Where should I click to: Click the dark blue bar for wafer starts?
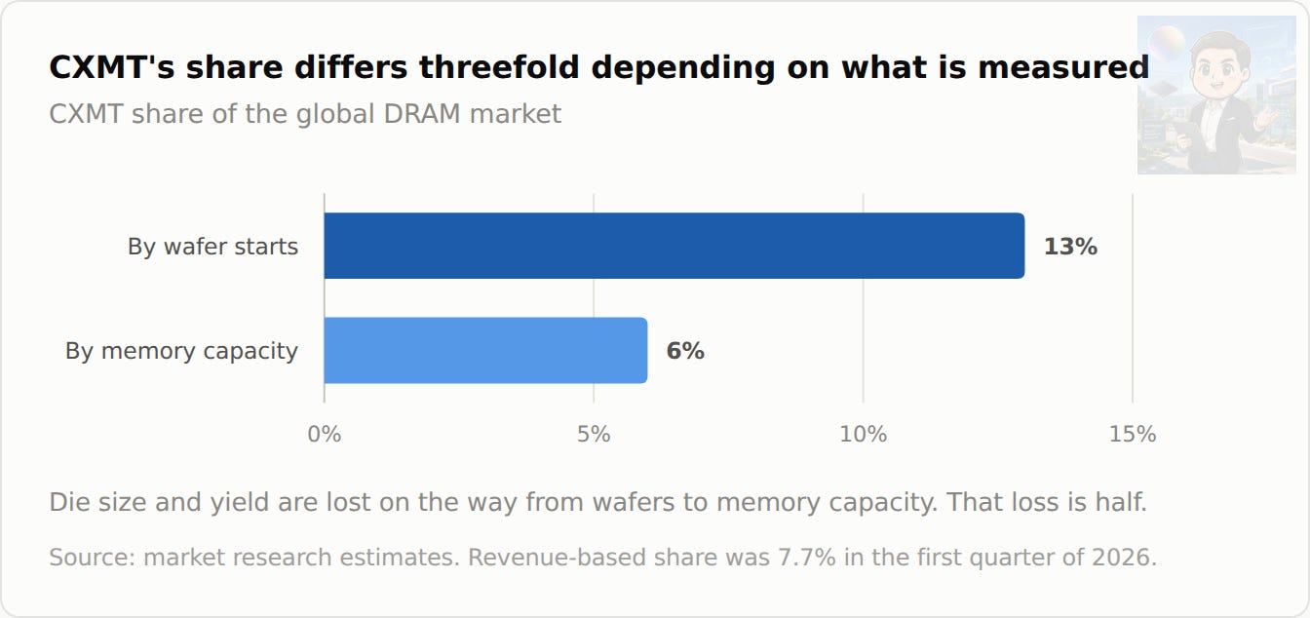click(x=674, y=246)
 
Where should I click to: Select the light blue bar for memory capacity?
click(x=485, y=350)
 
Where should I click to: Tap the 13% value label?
click(x=1070, y=247)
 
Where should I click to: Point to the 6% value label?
click(x=685, y=351)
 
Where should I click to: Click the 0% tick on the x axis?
click(x=325, y=435)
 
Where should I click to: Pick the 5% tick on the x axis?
click(x=594, y=435)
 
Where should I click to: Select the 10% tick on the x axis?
click(x=864, y=435)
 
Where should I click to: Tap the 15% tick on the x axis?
click(x=1133, y=435)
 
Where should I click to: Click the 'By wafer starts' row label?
click(x=212, y=247)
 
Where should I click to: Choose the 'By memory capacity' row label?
click(x=181, y=351)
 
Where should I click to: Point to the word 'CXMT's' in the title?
click(x=112, y=66)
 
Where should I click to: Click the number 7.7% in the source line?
click(x=806, y=558)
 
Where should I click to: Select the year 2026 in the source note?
click(x=1124, y=558)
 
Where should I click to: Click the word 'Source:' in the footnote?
click(x=93, y=558)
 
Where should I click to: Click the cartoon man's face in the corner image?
click(x=1220, y=65)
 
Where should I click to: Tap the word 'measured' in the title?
click(x=1063, y=66)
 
